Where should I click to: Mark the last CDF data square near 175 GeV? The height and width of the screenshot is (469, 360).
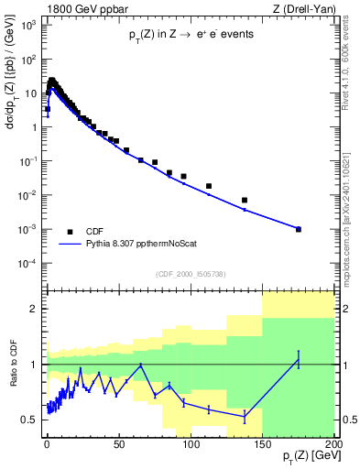299,229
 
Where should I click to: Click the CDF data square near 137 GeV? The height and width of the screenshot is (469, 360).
245,200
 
